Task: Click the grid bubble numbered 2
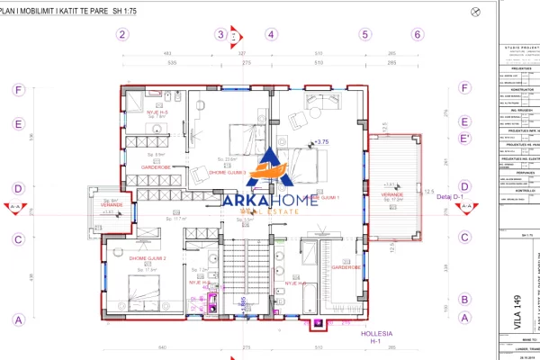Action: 122,34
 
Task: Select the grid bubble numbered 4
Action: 270,34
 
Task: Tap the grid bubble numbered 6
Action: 417,34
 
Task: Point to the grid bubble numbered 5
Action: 364,34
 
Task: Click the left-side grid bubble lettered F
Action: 16,90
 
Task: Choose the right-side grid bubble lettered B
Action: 464,300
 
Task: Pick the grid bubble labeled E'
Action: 464,138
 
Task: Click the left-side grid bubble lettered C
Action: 16,239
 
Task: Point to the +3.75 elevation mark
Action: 320,141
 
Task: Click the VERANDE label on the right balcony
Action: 392,194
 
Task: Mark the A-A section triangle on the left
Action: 15,207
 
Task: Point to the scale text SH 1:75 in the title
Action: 131,11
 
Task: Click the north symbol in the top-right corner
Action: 475,10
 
